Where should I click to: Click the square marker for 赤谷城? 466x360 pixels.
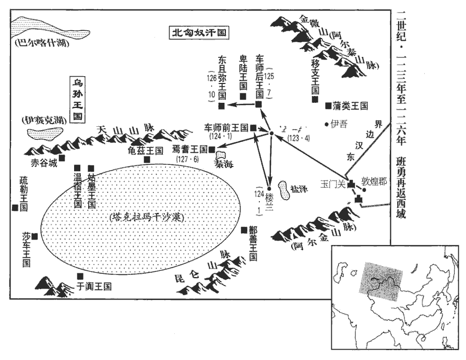(x=63, y=157)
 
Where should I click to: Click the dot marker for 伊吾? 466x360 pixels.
(x=326, y=124)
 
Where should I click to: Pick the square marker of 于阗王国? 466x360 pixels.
(x=80, y=276)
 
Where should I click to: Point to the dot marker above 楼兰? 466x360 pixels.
(x=269, y=189)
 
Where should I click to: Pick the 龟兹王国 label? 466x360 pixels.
(x=145, y=150)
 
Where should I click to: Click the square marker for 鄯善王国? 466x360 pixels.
(x=244, y=230)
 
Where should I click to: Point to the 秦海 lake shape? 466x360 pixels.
(x=221, y=155)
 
